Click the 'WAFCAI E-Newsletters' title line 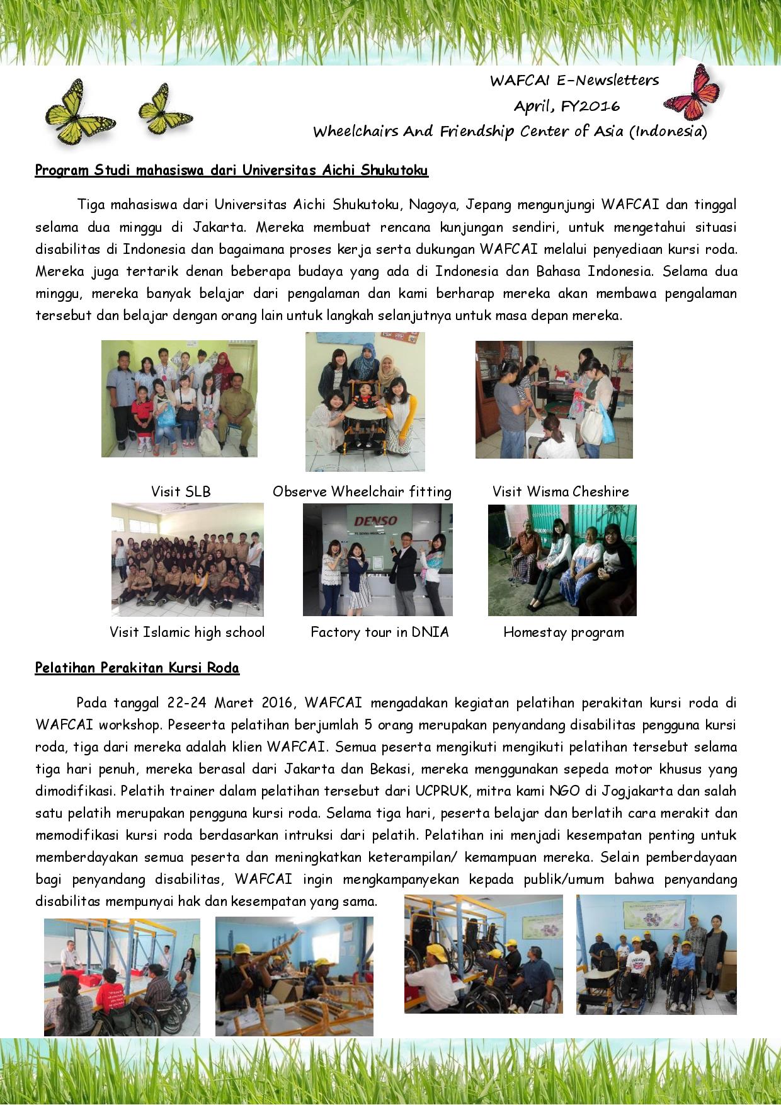(574, 81)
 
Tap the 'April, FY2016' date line (566, 106)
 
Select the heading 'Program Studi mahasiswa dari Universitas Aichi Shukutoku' (231, 170)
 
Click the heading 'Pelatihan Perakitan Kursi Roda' (137, 668)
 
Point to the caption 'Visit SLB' (181, 492)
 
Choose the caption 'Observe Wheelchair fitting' (362, 492)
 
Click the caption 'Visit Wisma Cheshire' (561, 492)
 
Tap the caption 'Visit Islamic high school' (187, 633)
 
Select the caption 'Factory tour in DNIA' (380, 633)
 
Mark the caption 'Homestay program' (564, 633)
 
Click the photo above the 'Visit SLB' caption (180, 399)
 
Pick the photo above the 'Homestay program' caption (562, 560)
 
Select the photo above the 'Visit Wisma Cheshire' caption (554, 399)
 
